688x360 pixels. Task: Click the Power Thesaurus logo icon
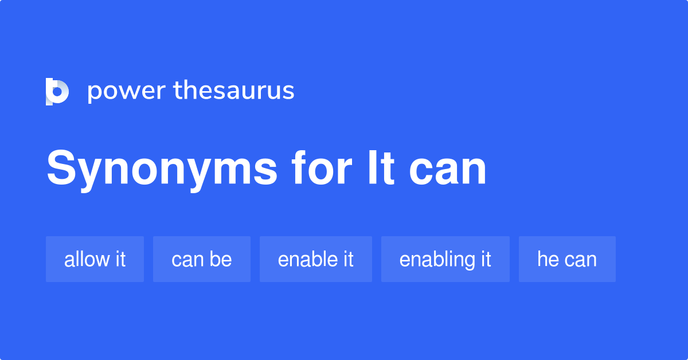pos(57,91)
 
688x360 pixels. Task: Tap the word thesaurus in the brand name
pos(234,91)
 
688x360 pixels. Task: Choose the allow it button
pos(95,259)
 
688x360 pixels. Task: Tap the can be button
pos(201,259)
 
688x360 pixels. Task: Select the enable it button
pos(315,259)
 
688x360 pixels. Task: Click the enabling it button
pos(445,259)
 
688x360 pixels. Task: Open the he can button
pos(566,259)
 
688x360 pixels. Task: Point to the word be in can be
pos(221,259)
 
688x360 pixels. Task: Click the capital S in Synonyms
pos(60,169)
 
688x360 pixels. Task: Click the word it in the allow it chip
pos(119,259)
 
